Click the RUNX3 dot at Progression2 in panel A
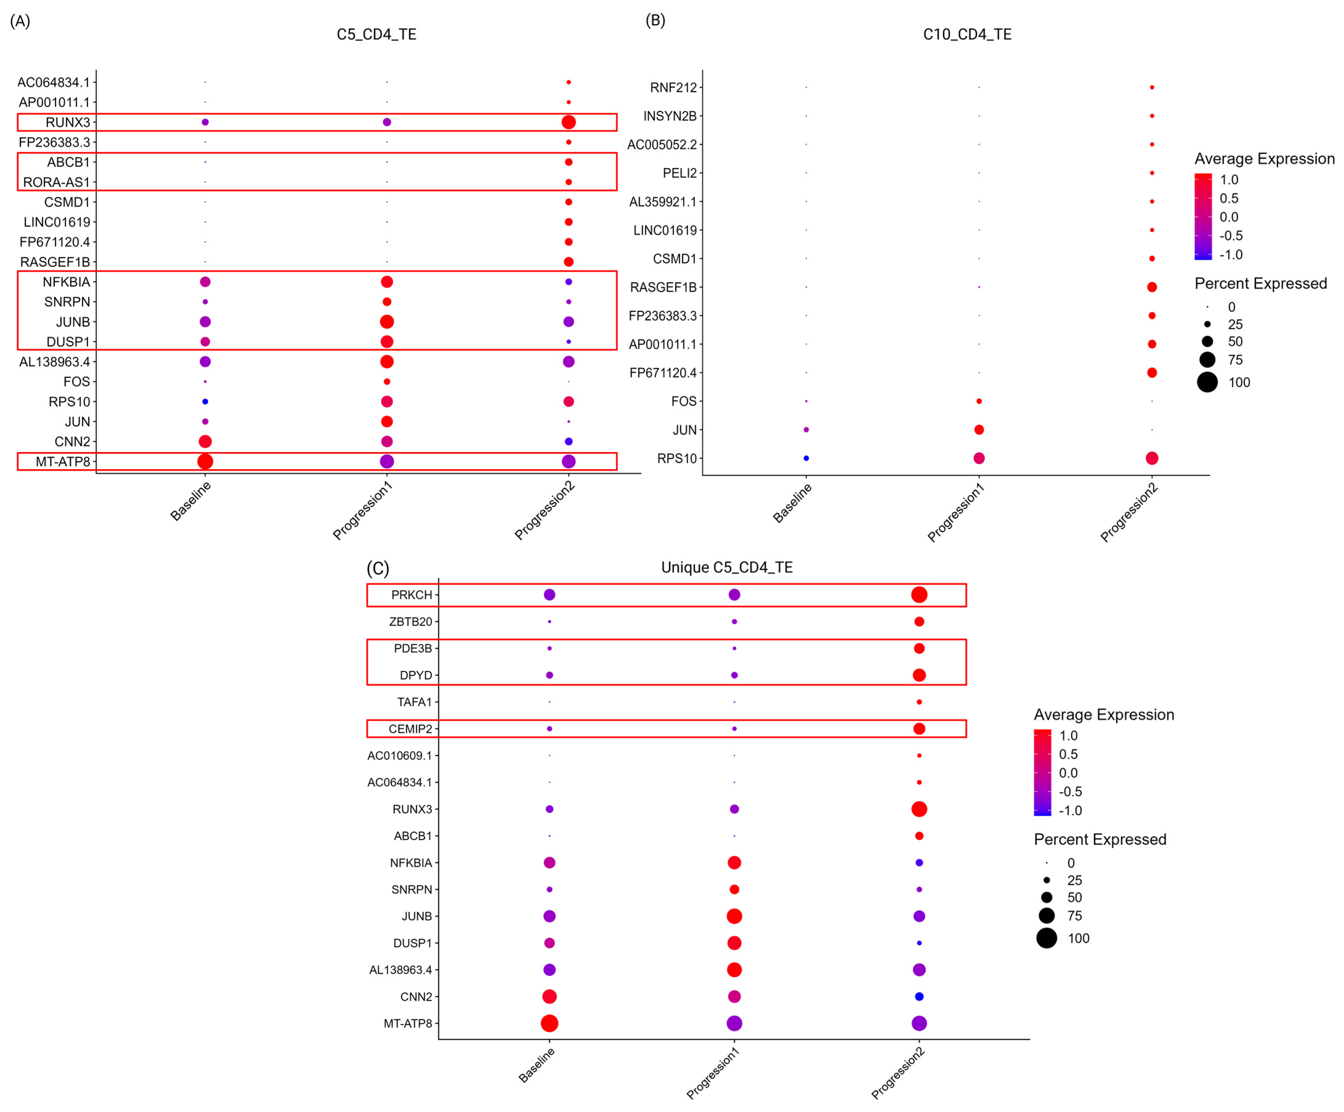tap(568, 122)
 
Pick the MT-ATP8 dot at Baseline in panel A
tap(205, 462)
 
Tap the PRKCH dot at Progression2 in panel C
tap(919, 595)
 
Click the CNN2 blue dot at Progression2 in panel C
tap(919, 997)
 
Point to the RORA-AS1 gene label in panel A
tap(56, 182)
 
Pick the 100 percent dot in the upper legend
tap(1207, 382)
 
